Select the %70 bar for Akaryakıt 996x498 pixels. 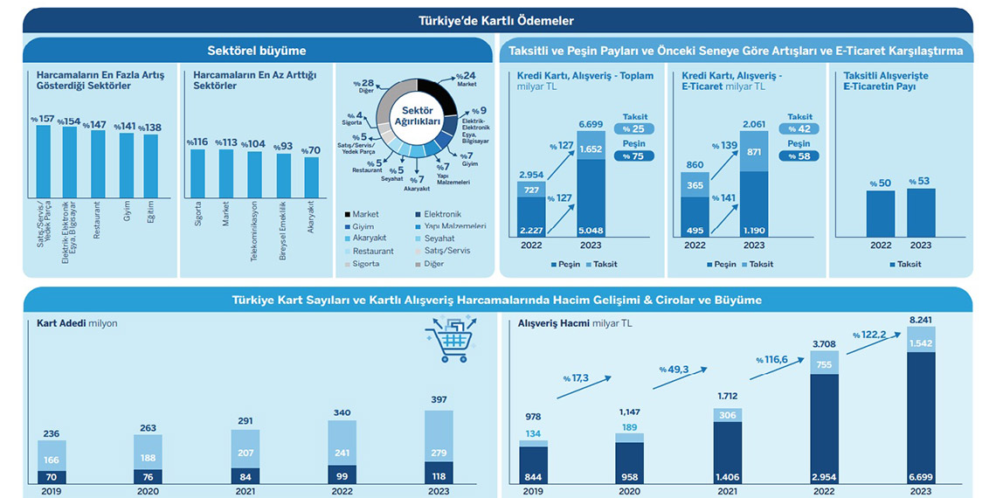point(312,176)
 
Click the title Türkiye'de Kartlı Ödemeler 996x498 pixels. point(496,20)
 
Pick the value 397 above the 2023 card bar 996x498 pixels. point(439,399)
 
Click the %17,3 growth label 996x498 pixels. point(576,378)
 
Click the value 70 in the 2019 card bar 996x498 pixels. point(52,477)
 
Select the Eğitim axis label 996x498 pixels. point(151,211)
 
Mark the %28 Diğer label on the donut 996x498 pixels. point(361,86)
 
